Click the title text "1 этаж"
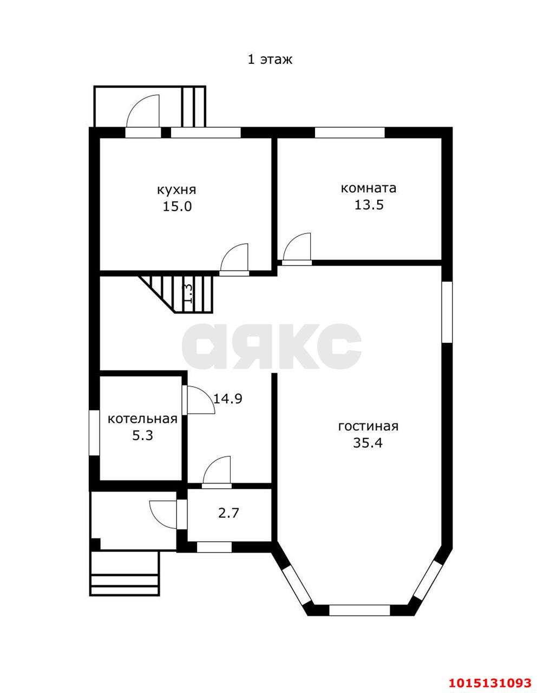[270, 60]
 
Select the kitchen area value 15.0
[177, 207]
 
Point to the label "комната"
[369, 188]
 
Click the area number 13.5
[369, 205]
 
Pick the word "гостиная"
[368, 427]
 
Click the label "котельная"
[142, 419]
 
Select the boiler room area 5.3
[142, 435]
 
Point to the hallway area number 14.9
[228, 398]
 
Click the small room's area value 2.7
[228, 513]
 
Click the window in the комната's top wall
[350, 132]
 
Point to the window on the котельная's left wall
[94, 433]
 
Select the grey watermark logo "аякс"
[272, 346]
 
